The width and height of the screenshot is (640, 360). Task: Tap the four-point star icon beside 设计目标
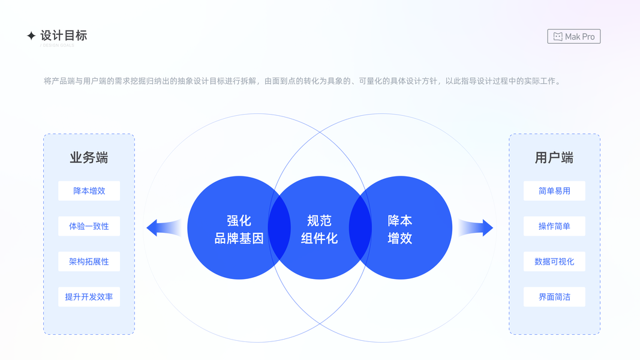(31, 36)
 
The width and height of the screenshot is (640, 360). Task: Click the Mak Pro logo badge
(573, 37)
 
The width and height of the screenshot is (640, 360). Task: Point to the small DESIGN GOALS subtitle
(58, 46)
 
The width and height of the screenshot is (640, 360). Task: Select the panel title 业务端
(89, 158)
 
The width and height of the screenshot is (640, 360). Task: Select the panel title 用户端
(554, 158)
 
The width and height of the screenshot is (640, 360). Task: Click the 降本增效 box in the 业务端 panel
(89, 191)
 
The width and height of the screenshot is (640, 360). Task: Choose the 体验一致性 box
(89, 226)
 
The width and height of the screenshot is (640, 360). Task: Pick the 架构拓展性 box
(89, 262)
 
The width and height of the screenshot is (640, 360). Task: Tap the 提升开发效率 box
(89, 297)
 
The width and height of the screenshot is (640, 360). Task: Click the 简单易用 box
(554, 191)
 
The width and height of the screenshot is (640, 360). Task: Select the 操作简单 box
(554, 226)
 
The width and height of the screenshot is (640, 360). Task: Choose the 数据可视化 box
(554, 262)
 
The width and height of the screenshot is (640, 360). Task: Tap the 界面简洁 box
(554, 297)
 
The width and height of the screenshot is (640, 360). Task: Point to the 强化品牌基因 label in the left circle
(239, 229)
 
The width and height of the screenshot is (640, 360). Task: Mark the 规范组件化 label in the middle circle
(319, 229)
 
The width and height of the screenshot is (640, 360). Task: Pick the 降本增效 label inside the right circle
(400, 229)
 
